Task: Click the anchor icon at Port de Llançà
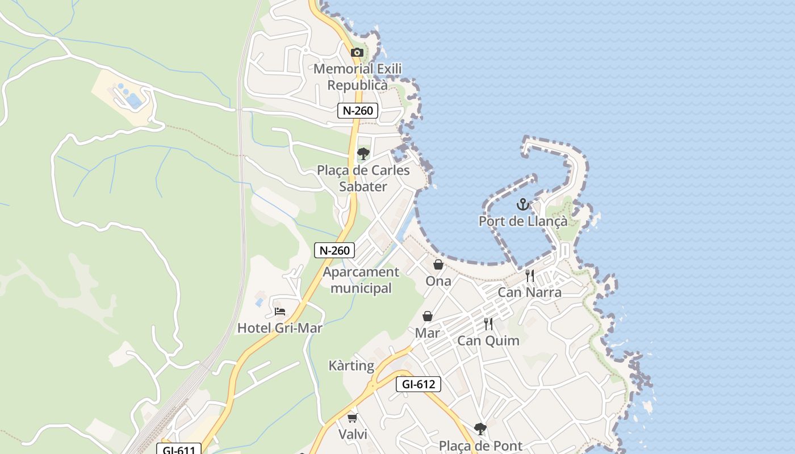[x=522, y=204]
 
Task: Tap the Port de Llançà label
[x=523, y=221]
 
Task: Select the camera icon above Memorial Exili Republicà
[x=357, y=53]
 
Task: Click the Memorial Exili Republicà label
[x=358, y=77]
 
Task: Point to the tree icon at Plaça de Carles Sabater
[x=363, y=154]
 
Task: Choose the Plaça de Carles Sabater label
[x=363, y=178]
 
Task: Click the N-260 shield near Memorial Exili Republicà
[x=358, y=111]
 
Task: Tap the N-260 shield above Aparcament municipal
[x=334, y=250]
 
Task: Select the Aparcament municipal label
[x=361, y=280]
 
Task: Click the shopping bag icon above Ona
[x=438, y=264]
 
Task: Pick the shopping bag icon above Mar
[x=428, y=316]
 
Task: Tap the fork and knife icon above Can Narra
[x=530, y=276]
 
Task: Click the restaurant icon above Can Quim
[x=488, y=324]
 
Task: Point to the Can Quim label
[x=488, y=340]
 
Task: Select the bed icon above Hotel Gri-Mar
[x=279, y=312]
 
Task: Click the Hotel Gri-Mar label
[x=279, y=328]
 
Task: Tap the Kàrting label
[x=352, y=366]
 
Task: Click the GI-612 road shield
[x=419, y=384]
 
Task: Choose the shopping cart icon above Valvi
[x=352, y=418]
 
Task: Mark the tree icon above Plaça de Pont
[x=480, y=429]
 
